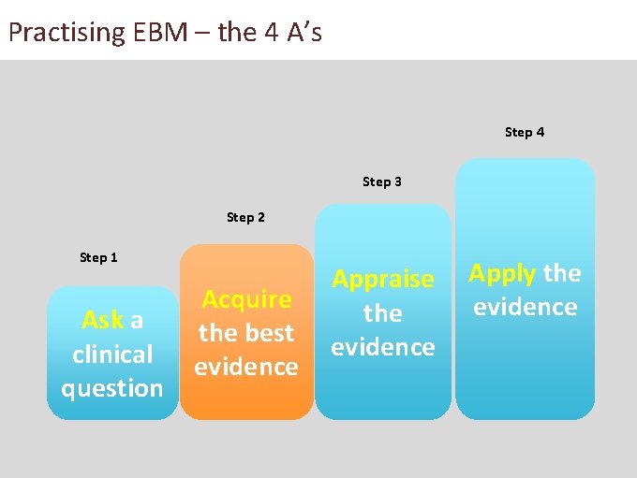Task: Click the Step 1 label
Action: tap(98, 257)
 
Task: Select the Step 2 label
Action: tap(245, 218)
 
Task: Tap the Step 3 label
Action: tap(382, 181)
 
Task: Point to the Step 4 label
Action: tap(525, 132)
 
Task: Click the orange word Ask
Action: tap(102, 321)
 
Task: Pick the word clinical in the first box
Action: tap(112, 355)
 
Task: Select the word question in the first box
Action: tap(112, 388)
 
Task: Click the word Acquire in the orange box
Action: tap(246, 299)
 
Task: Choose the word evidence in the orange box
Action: tap(246, 367)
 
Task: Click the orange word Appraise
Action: tap(383, 279)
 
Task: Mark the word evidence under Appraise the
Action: tap(383, 347)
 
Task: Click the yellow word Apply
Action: tap(502, 274)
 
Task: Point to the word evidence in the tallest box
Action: tap(526, 307)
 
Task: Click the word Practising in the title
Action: tap(67, 33)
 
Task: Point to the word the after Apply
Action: tap(562, 273)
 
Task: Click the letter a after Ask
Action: tap(137, 321)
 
